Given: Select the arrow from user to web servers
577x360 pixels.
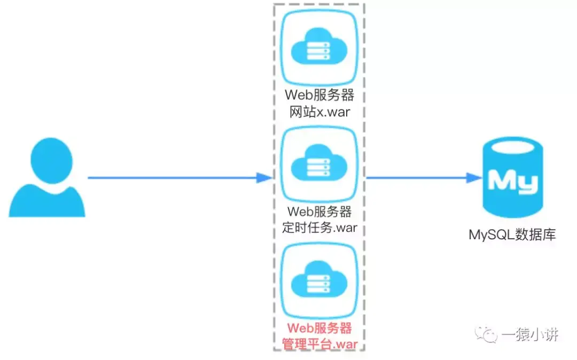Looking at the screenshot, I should pos(176,177).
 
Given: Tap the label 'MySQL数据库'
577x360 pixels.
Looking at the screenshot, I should pos(512,234).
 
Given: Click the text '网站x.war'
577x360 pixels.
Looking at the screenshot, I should pos(319,112).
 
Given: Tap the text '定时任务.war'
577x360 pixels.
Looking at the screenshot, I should pos(319,228).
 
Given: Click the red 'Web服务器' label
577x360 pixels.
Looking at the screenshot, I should pos(319,327).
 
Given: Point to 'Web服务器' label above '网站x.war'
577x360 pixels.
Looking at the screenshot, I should pos(319,96).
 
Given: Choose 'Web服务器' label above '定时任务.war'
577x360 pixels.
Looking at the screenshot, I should pos(319,212).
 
